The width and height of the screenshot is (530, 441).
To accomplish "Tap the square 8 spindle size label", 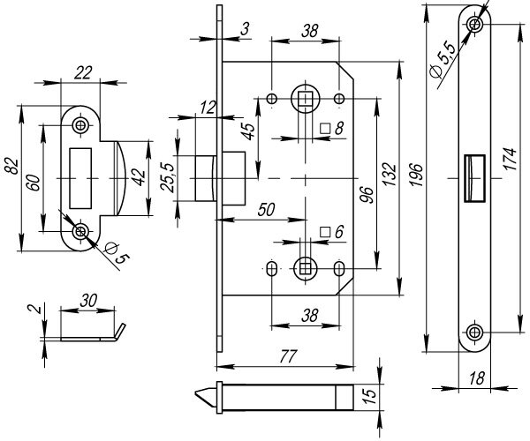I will tap(331, 129).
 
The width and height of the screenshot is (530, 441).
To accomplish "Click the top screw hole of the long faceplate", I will tap(476, 24).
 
